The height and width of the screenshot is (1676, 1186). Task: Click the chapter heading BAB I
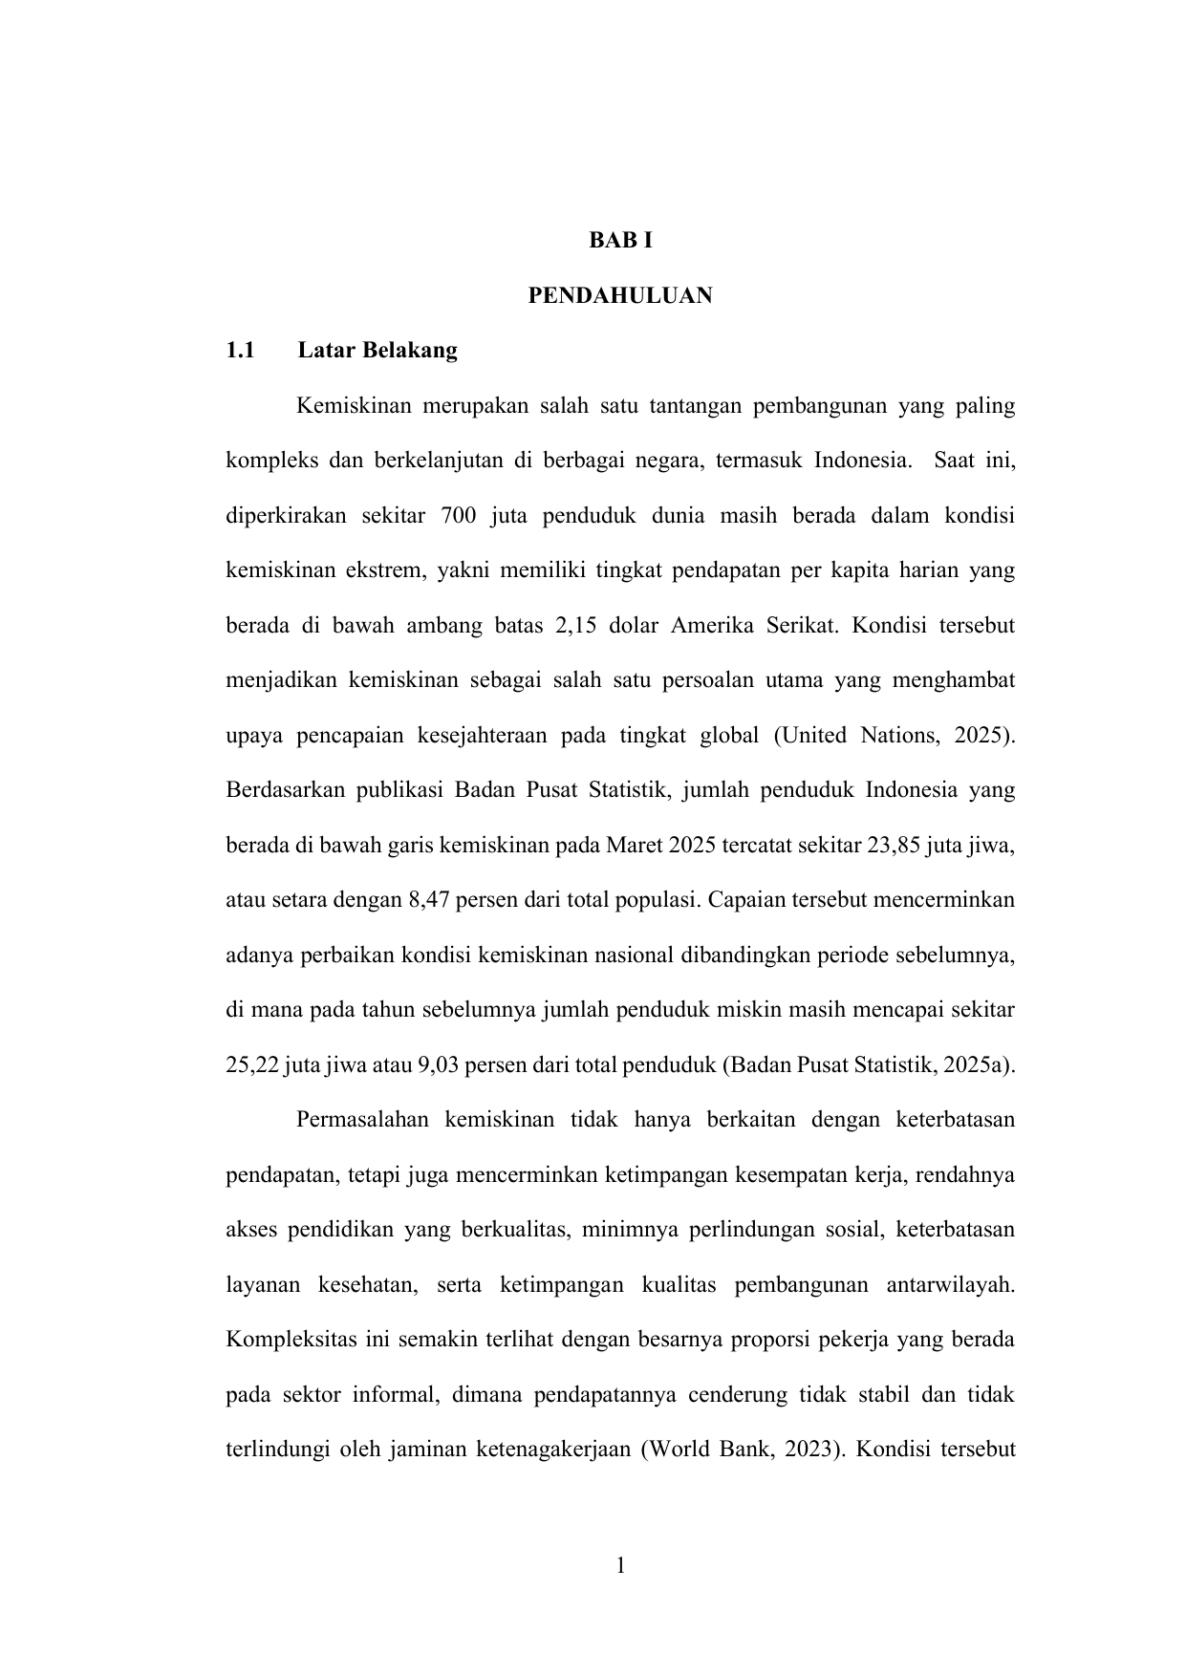[x=620, y=242]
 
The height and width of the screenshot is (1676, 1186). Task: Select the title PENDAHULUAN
[x=620, y=296]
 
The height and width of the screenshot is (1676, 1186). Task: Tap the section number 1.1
[x=240, y=351]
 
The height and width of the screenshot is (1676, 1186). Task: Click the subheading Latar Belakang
[x=377, y=351]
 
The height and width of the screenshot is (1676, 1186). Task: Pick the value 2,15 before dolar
[x=575, y=627]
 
